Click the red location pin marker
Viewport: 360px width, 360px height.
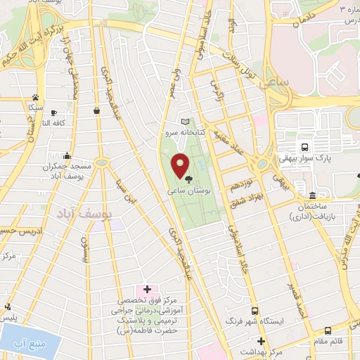[180, 166]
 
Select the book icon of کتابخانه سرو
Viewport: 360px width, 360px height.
[186, 122]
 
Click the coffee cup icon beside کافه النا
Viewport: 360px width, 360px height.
[53, 112]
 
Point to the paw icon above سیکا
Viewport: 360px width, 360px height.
[34, 98]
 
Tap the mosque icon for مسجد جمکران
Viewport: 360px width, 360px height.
[67, 156]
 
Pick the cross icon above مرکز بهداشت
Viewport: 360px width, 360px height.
[260, 340]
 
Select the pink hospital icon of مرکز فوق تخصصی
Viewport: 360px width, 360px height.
[147, 289]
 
